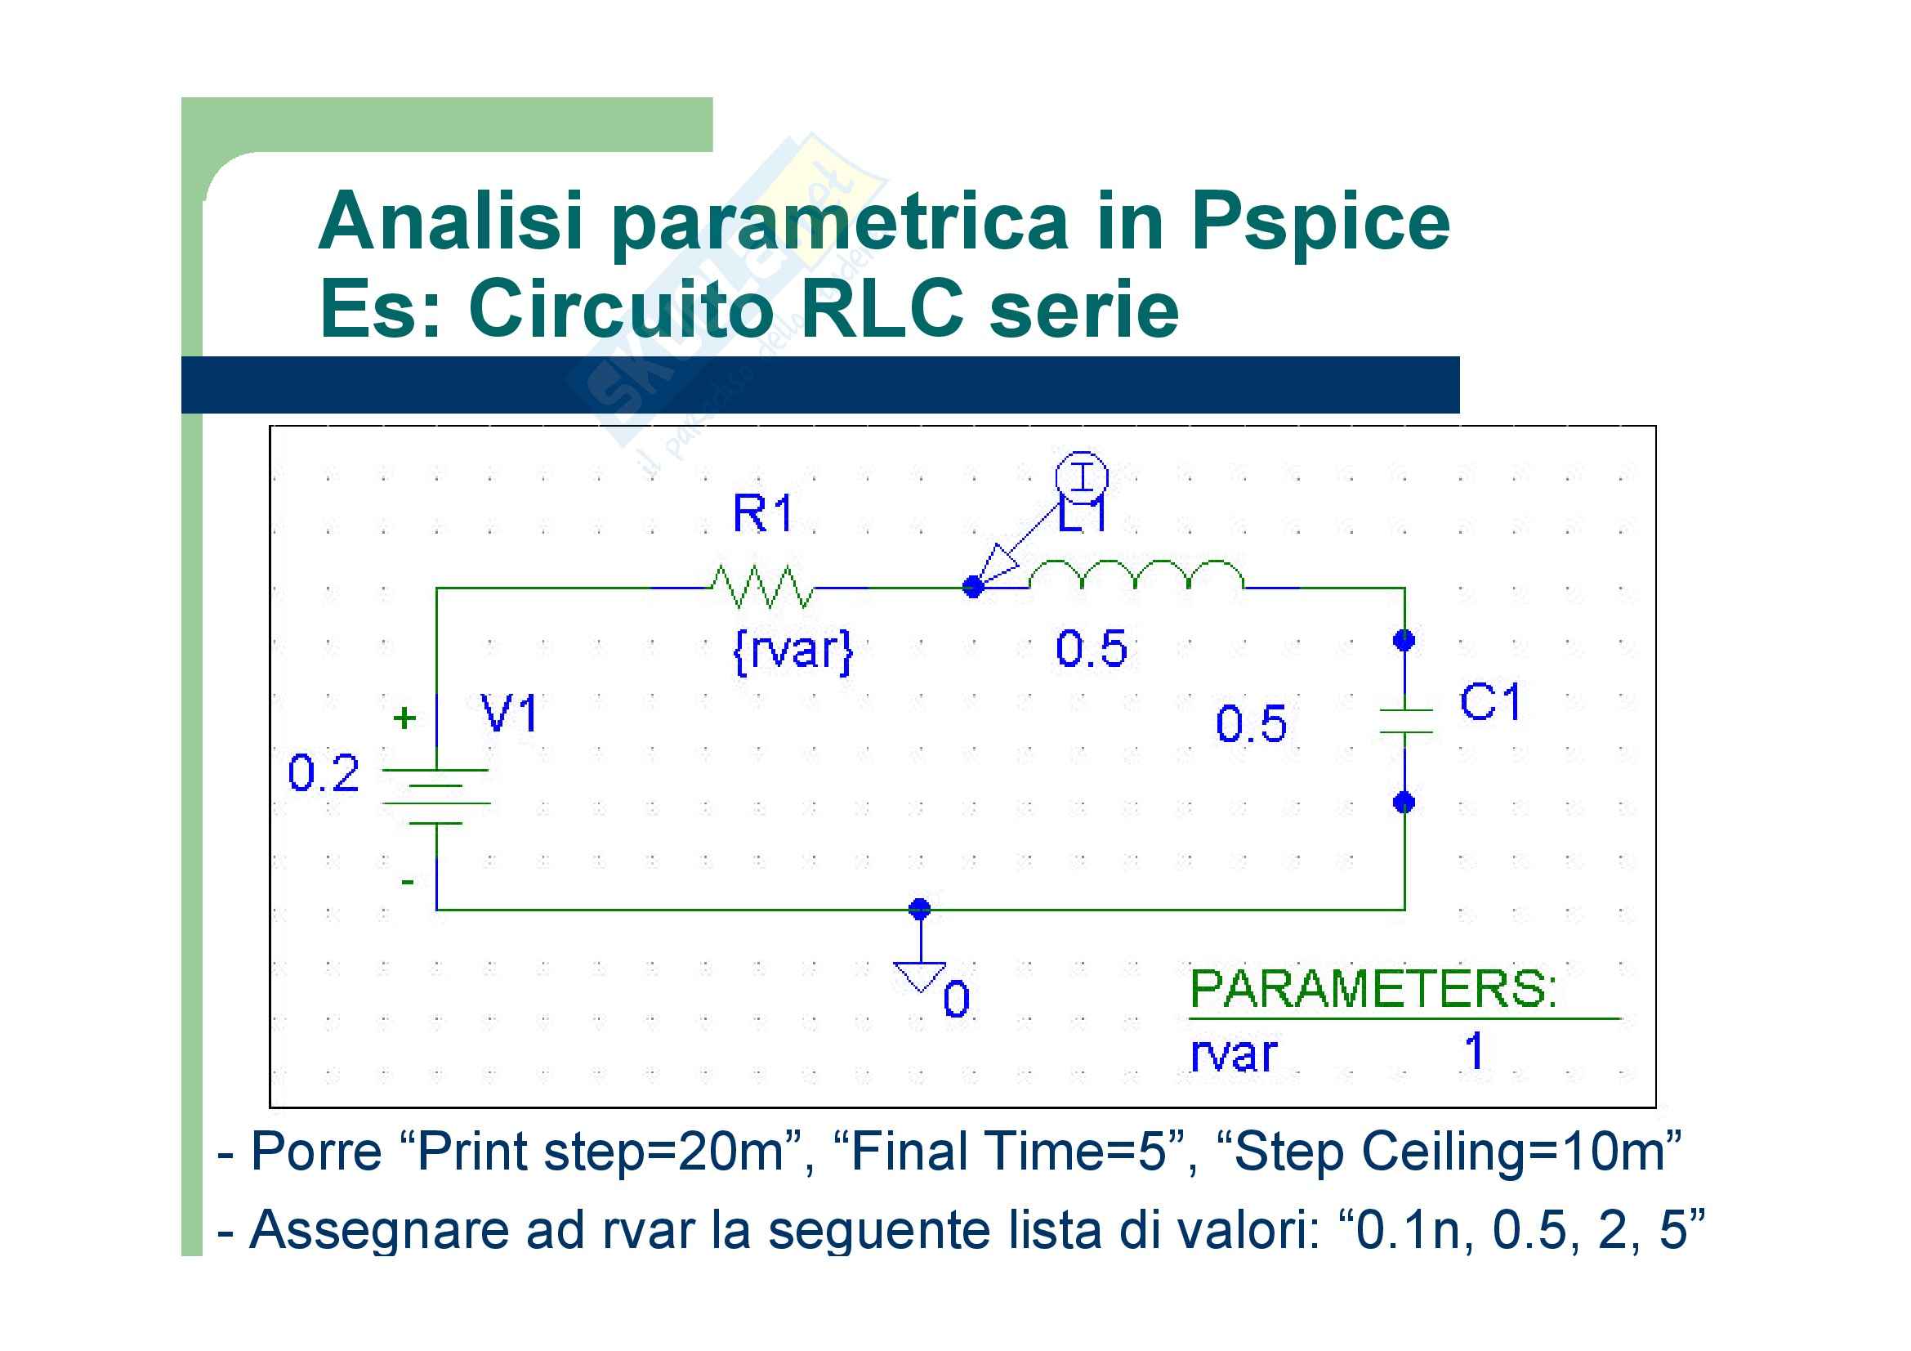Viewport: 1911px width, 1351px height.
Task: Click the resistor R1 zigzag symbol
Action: tap(761, 587)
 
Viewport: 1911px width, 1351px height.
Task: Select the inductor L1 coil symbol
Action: tap(1136, 575)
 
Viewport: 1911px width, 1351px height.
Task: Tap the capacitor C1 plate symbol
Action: tap(1405, 721)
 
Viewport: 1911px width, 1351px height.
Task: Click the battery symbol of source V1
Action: tap(436, 797)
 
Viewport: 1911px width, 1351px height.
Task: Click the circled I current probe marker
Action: tap(1081, 478)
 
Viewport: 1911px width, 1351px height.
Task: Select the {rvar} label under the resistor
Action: tap(793, 650)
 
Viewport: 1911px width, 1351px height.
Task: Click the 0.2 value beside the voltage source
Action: tap(323, 773)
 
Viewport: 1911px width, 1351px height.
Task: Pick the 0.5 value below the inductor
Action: tap(1092, 648)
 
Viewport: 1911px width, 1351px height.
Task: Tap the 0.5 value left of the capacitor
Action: tap(1251, 723)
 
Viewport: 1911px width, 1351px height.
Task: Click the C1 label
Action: tap(1491, 702)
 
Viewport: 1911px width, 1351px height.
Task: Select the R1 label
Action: tap(762, 512)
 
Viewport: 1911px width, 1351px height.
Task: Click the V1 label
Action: tap(509, 714)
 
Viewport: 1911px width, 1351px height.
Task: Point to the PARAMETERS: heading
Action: tap(1373, 989)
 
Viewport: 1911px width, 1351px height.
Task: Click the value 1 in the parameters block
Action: tap(1474, 1050)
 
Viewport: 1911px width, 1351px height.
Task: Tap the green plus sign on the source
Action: tap(404, 718)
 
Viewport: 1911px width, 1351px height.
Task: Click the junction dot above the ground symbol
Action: tap(920, 908)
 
